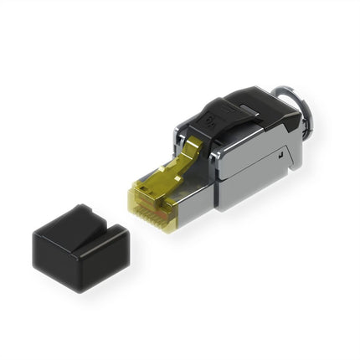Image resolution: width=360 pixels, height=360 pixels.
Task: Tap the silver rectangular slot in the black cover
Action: [244, 108]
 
